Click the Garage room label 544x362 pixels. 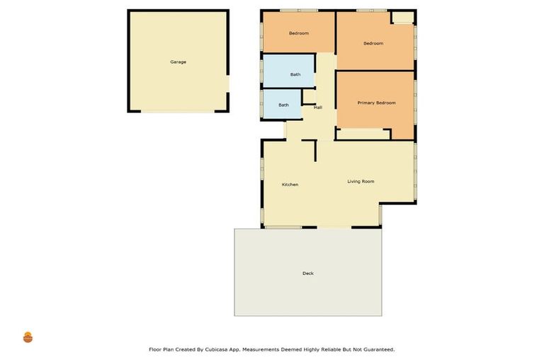178,62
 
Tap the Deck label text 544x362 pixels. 307,274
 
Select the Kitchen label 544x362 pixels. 290,185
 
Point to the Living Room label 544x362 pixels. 361,182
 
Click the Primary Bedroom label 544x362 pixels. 376,103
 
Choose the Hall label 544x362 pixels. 318,107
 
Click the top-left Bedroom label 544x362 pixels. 298,33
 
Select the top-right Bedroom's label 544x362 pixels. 373,44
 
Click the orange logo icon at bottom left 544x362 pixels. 28,337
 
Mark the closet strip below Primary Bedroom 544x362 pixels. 361,134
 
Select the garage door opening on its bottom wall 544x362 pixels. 178,110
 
